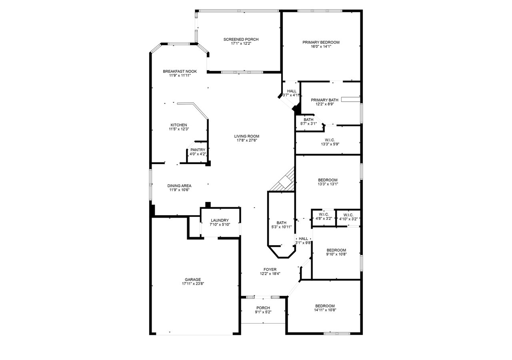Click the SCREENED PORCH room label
point(241,39)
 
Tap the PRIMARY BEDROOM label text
point(321,42)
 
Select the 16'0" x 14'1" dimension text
point(321,47)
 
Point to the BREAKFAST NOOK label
point(180,71)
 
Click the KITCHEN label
point(179,125)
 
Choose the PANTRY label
point(198,150)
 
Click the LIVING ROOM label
point(247,136)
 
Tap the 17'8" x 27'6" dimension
point(247,140)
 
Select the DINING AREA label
point(179,186)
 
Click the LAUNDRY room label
point(220,220)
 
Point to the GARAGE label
point(193,280)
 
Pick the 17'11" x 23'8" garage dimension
point(193,284)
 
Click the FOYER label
point(270,270)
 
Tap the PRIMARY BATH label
point(324,100)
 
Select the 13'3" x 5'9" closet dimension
point(330,144)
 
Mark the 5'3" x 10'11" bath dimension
point(281,227)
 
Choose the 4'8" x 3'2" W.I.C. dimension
point(324,218)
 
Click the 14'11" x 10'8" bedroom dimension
point(325,310)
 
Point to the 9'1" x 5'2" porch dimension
point(263,312)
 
